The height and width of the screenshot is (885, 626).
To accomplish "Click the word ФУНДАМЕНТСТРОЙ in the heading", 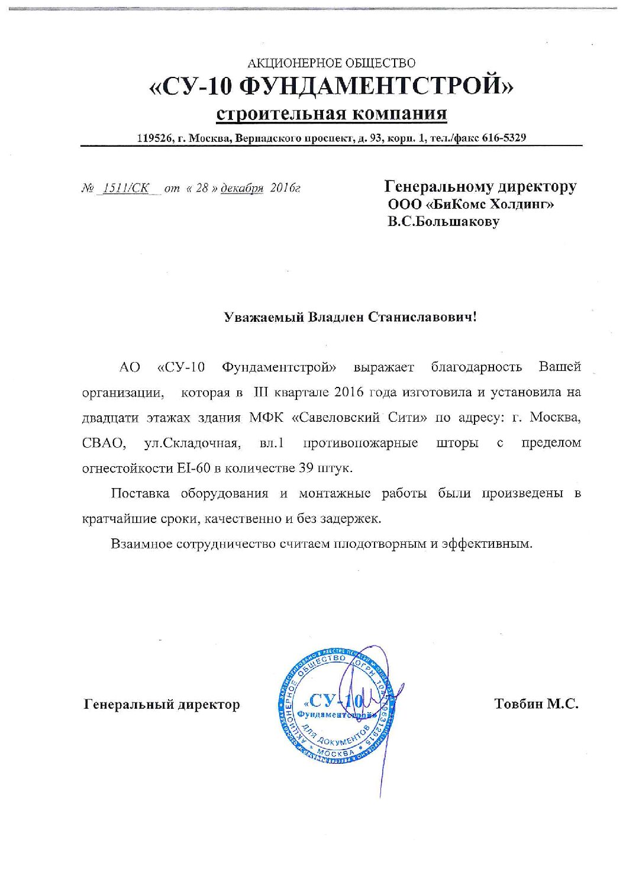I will click(377, 88).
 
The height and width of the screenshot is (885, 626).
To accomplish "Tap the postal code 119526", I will click(154, 138).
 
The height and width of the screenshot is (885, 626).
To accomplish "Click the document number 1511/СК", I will click(125, 189).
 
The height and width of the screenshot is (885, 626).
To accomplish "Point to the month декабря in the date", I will click(241, 189).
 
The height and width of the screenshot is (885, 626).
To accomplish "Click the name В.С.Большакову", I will click(443, 222).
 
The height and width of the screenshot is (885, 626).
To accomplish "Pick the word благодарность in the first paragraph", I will click(476, 367).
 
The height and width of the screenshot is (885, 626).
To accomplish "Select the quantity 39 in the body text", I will click(306, 468).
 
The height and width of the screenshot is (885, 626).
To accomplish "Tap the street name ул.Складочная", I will click(191, 443).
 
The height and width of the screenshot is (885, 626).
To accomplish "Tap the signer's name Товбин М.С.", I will click(535, 704).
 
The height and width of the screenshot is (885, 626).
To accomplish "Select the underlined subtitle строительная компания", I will click(331, 113).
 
